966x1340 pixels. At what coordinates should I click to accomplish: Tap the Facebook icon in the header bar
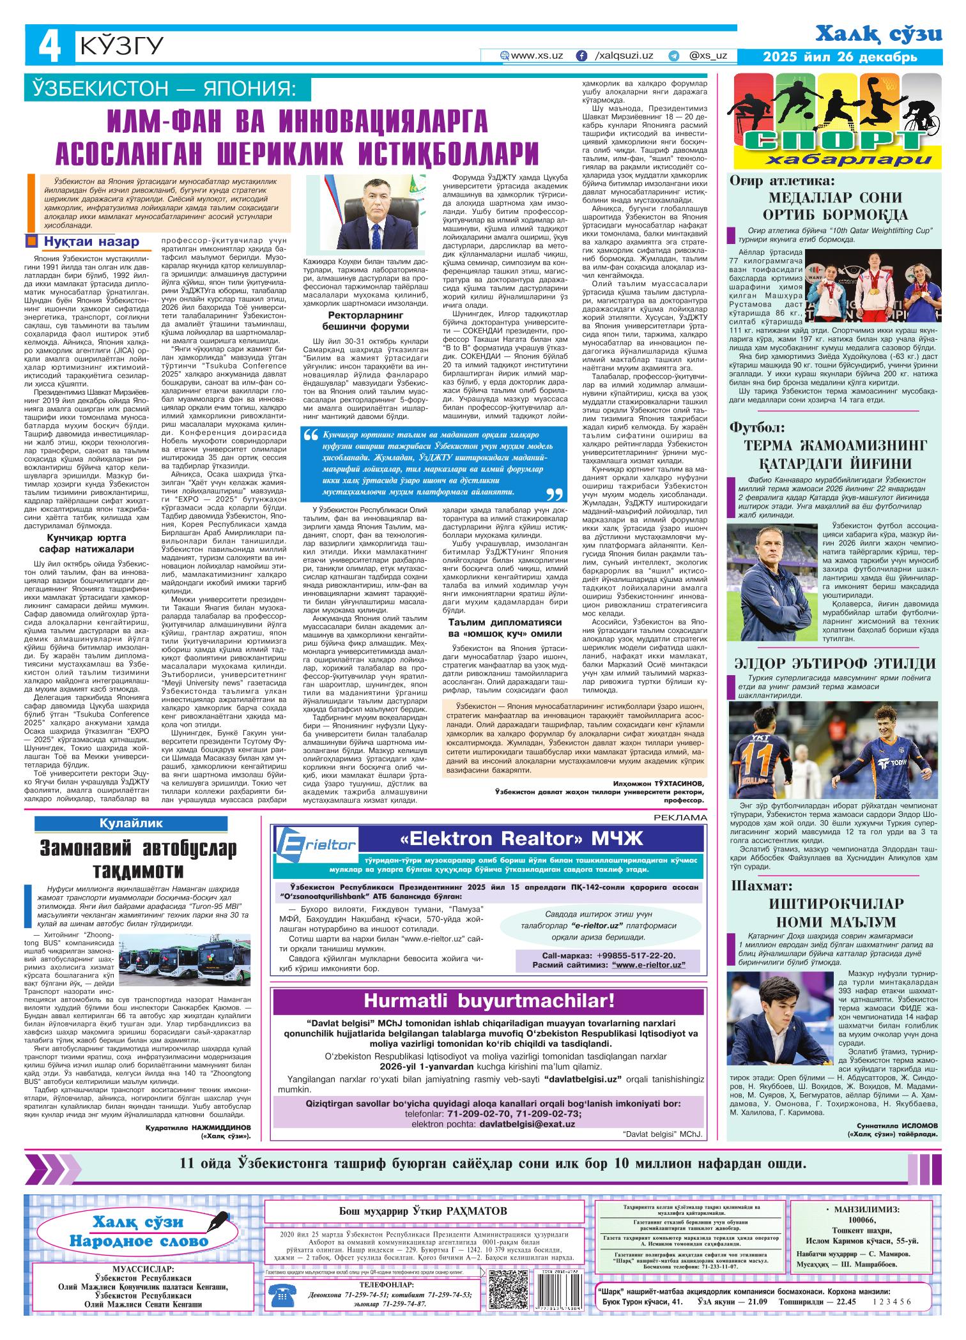tap(581, 56)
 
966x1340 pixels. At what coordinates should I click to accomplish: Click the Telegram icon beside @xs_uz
tap(673, 56)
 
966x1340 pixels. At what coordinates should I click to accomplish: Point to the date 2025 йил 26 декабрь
tap(840, 57)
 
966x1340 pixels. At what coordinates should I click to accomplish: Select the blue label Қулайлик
tap(130, 823)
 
